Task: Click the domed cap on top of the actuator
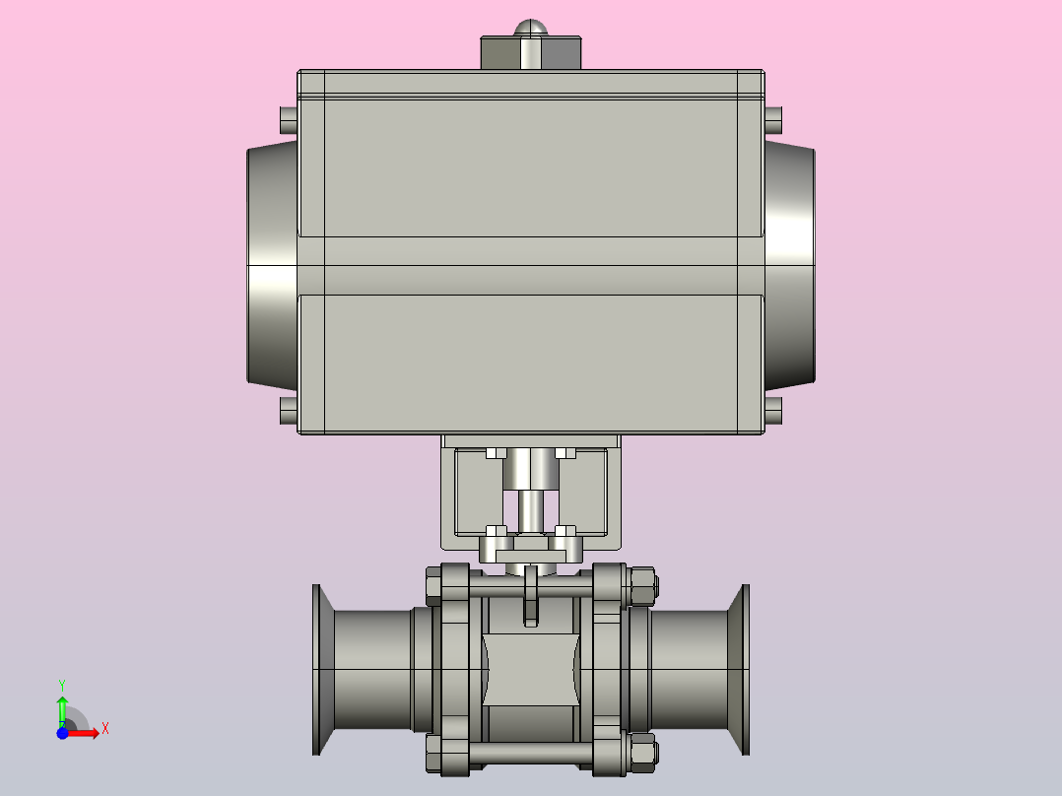[530, 28]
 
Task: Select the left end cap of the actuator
[272, 266]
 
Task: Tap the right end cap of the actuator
[790, 266]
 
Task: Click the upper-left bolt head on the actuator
[289, 120]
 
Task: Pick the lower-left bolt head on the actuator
[289, 411]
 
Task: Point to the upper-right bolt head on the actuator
[773, 120]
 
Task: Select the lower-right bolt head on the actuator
[773, 411]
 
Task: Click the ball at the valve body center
[531, 669]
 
